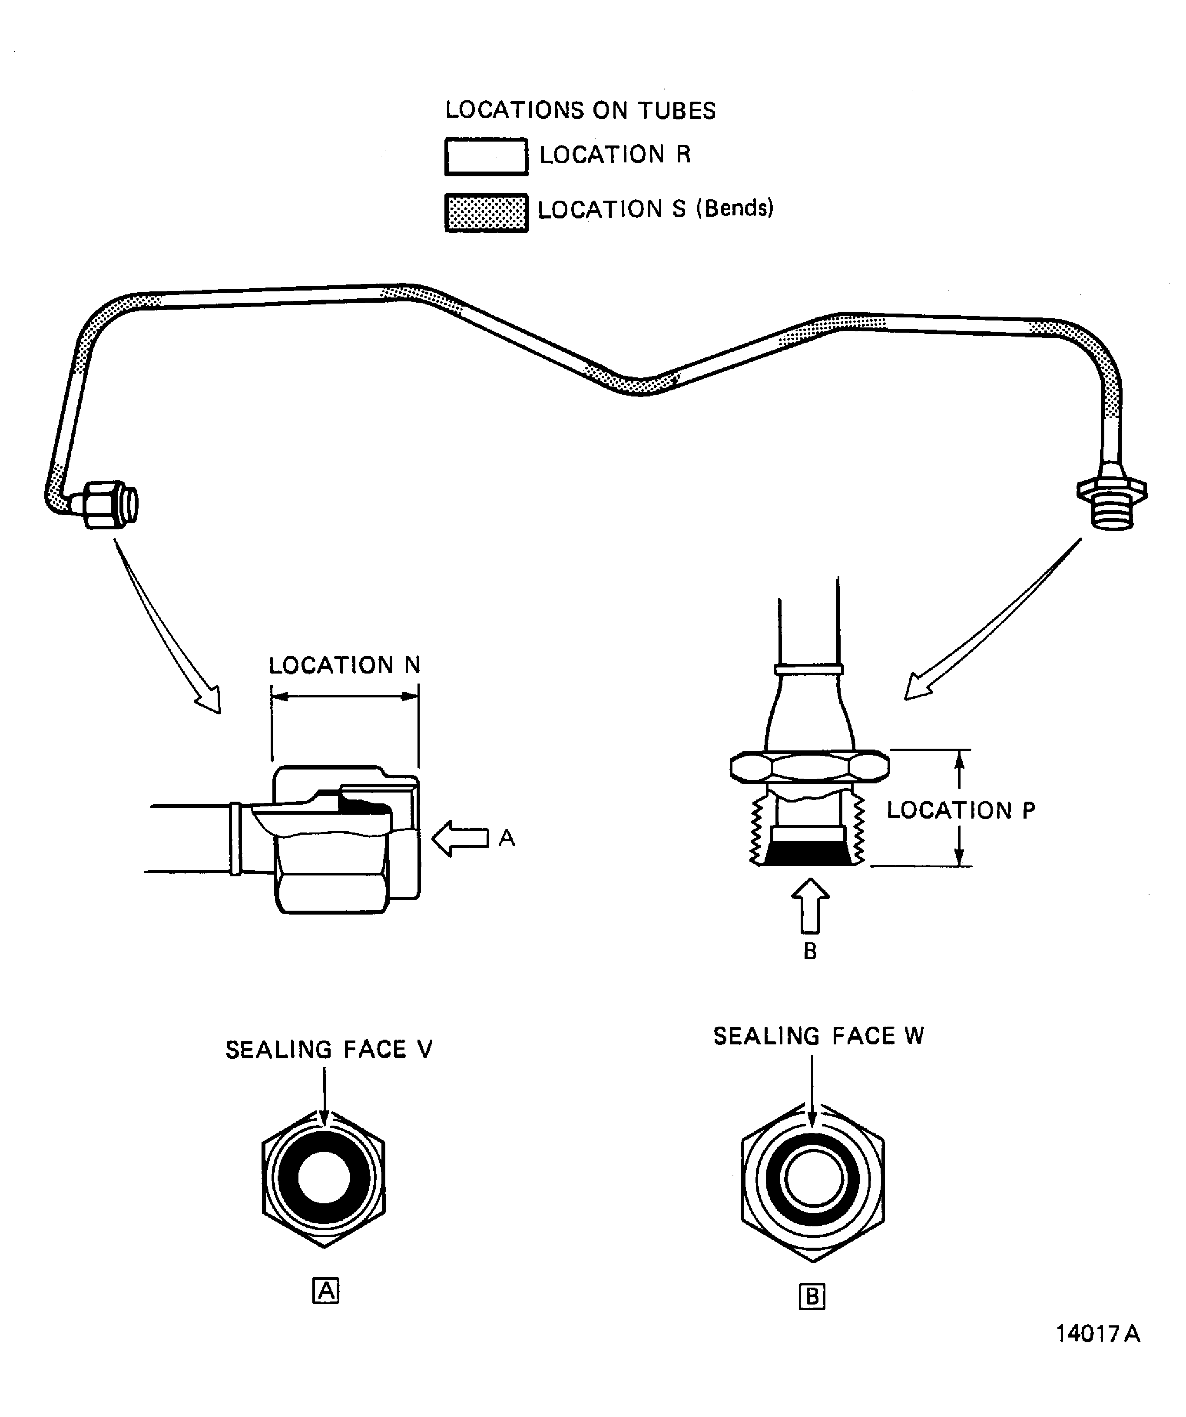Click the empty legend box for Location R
point(486,156)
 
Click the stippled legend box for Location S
point(486,212)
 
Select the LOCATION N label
point(344,665)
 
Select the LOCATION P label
point(961,810)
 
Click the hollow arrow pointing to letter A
point(460,838)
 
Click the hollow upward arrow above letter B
point(810,905)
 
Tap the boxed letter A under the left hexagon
point(326,1291)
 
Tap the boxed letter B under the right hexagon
point(812,1296)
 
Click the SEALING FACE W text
point(818,1036)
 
